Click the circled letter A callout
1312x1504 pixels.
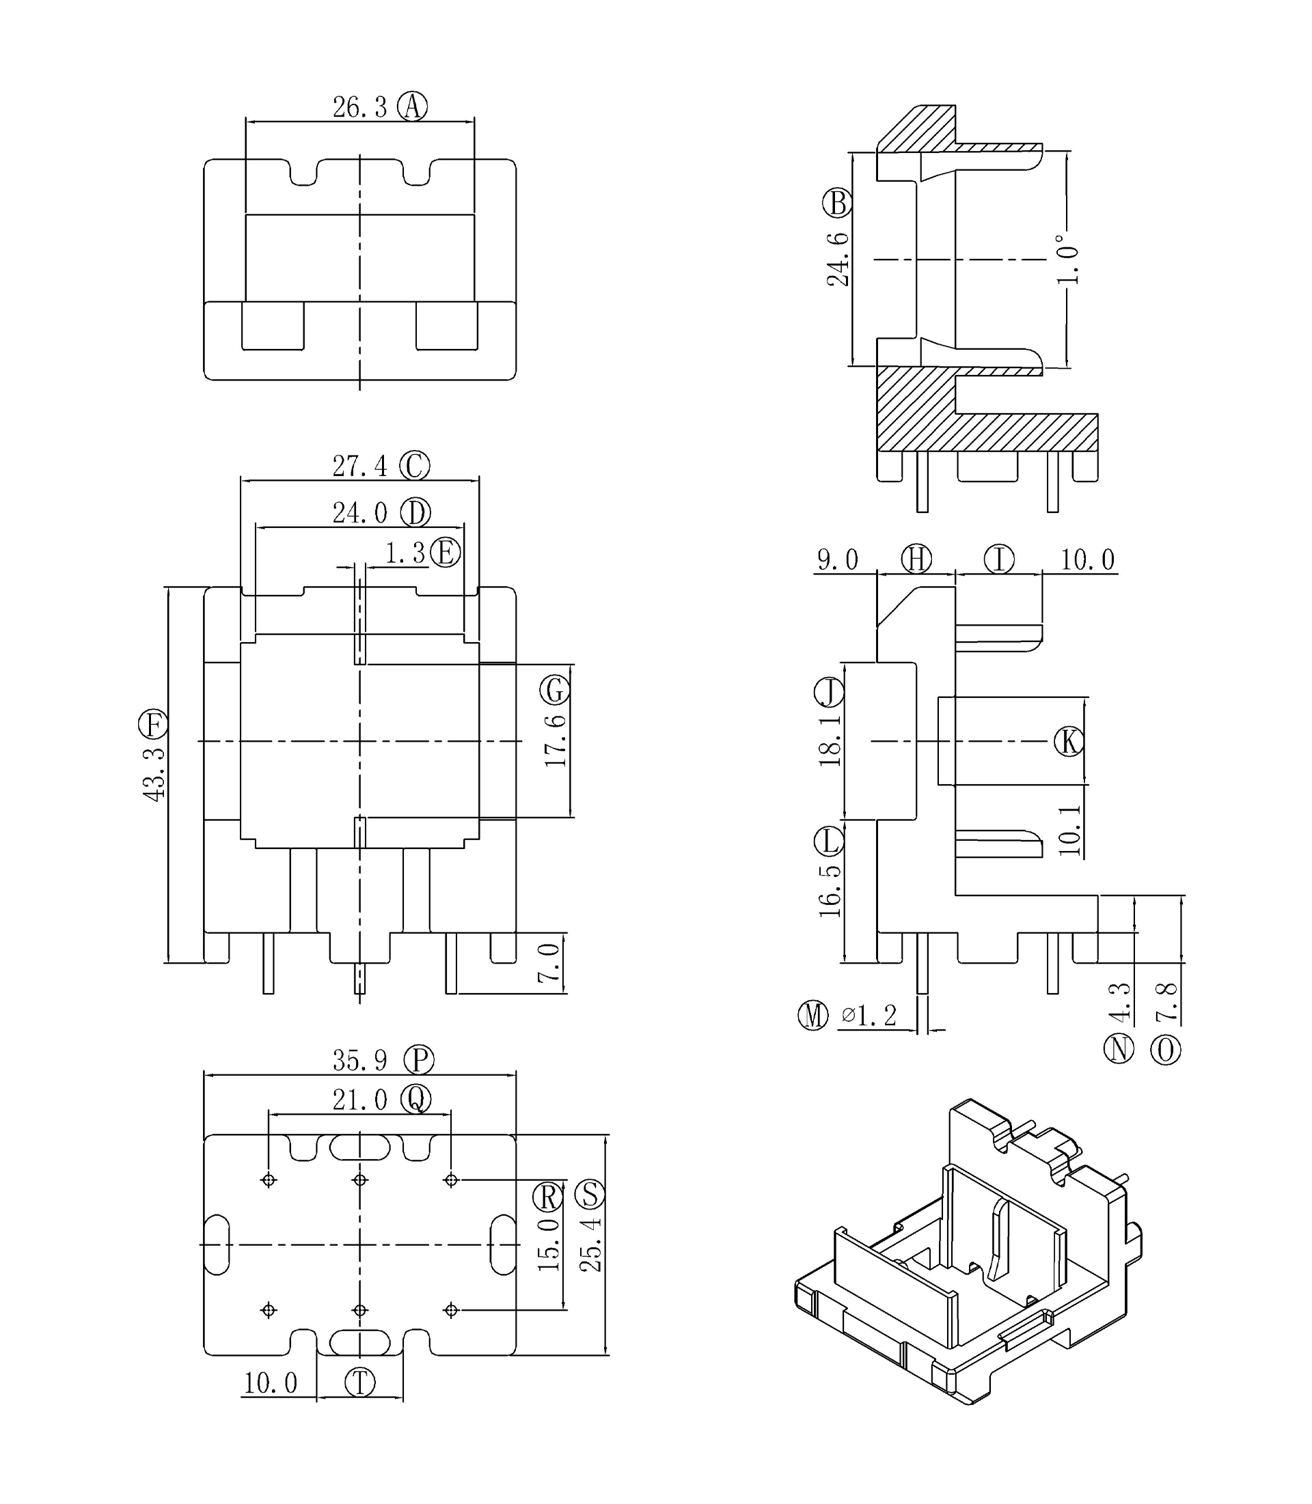[x=412, y=107]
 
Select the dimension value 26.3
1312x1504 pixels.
[x=359, y=108]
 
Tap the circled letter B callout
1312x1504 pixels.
[x=838, y=203]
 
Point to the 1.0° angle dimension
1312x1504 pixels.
[x=1067, y=259]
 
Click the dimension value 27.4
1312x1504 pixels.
[x=359, y=466]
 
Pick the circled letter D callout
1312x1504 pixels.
[x=415, y=513]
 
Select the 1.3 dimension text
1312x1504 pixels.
[x=405, y=553]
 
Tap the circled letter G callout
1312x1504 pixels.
[x=555, y=690]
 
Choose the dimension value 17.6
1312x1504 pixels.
[x=556, y=740]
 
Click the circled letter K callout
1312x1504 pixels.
[x=1069, y=741]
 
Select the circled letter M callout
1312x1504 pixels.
[x=812, y=1015]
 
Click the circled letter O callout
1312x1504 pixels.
[x=1166, y=1050]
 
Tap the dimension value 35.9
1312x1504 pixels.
[x=359, y=1061]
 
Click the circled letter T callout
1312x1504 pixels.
[x=359, y=1382]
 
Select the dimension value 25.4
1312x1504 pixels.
[x=590, y=1244]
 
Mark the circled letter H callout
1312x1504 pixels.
[x=916, y=559]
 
